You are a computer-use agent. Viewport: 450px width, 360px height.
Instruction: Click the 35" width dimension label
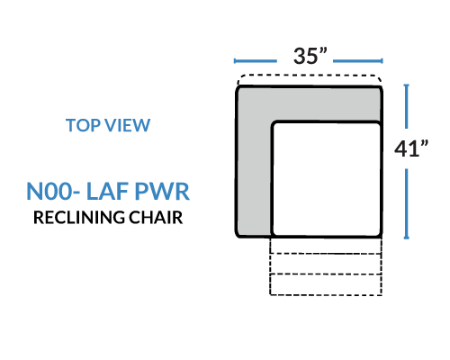(x=310, y=56)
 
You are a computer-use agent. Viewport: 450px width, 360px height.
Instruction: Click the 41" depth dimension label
(x=411, y=148)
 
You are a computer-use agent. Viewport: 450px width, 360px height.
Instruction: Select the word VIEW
(x=125, y=125)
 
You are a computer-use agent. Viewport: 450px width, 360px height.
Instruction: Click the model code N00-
(x=53, y=191)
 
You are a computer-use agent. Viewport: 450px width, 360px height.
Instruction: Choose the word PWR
(x=162, y=191)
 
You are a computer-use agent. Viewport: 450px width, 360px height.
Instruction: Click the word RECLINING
(x=79, y=218)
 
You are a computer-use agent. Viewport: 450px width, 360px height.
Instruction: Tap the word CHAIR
(x=156, y=218)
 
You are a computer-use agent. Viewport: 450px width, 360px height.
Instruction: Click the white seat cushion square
(x=327, y=179)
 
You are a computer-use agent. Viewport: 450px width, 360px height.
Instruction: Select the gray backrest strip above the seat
(x=309, y=104)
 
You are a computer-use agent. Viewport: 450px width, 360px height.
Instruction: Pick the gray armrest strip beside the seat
(x=254, y=177)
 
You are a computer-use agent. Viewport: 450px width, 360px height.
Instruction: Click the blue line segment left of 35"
(x=256, y=61)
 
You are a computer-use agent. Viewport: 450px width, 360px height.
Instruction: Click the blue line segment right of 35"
(x=358, y=61)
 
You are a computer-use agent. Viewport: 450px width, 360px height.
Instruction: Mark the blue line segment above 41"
(x=406, y=106)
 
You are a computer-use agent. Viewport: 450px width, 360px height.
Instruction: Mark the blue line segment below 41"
(x=406, y=203)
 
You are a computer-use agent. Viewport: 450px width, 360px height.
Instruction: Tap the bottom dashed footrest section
(x=326, y=284)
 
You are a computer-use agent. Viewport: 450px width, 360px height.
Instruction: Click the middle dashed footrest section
(x=326, y=264)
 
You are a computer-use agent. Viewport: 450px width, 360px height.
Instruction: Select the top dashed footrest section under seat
(x=326, y=246)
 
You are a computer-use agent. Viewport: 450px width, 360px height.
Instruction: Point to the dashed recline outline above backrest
(x=310, y=76)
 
